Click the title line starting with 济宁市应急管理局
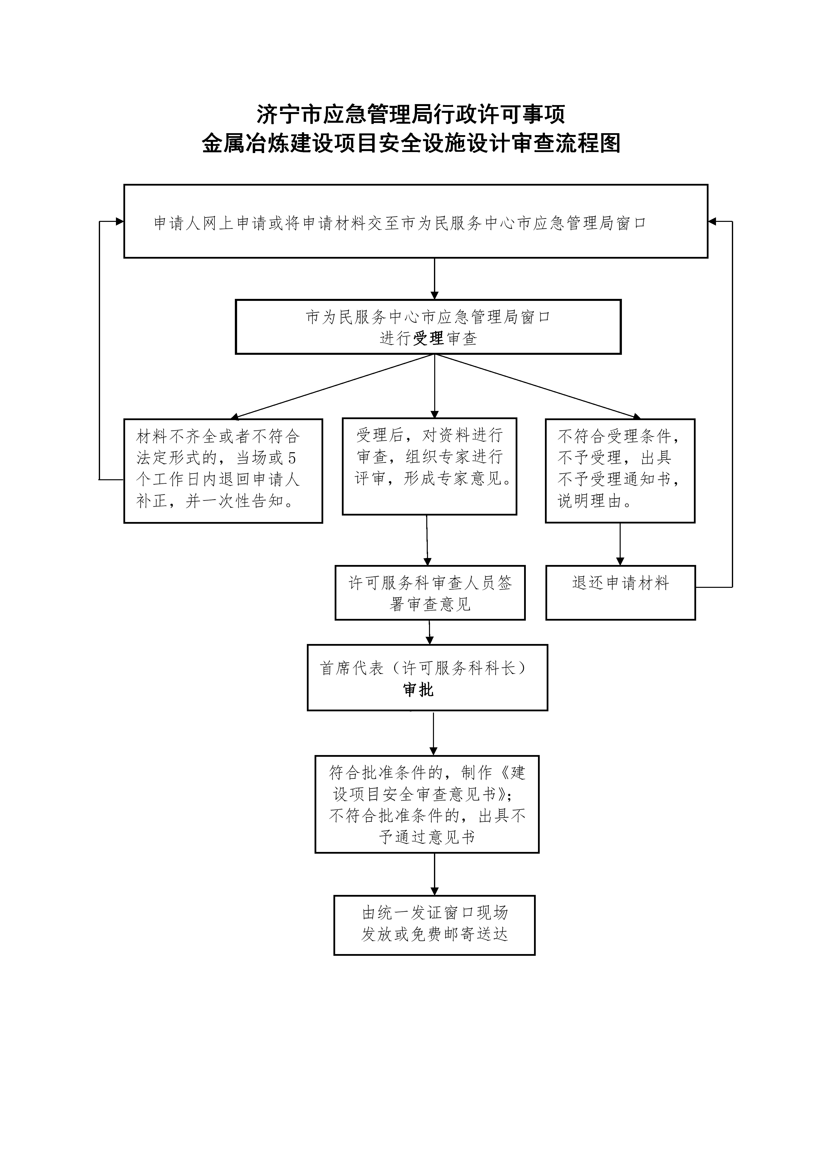[410, 114]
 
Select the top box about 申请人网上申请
[415, 221]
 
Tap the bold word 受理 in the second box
[428, 338]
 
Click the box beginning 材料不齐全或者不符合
[223, 471]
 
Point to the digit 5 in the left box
[292, 458]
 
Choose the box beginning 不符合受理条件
[620, 471]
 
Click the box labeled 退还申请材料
[620, 592]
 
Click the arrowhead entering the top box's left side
[119, 221]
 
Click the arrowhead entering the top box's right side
[712, 221]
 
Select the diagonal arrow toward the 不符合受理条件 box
[536, 386]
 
